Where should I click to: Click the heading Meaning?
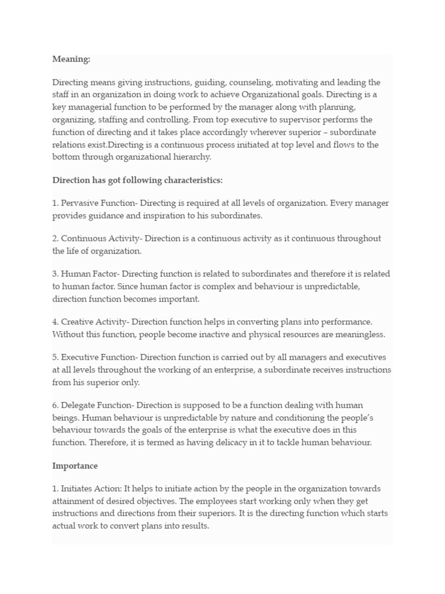71,59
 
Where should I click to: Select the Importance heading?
75,466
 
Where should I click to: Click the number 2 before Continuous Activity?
54,238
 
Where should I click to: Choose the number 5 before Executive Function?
54,358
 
